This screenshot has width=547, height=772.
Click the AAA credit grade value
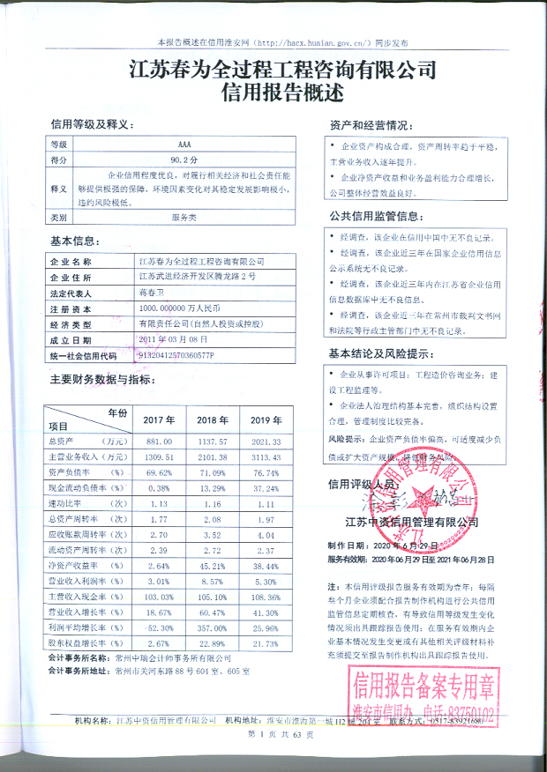(x=184, y=144)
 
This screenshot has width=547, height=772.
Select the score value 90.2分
(x=184, y=160)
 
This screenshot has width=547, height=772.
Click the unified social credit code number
(x=176, y=355)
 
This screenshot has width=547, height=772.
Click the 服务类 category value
(x=184, y=216)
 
